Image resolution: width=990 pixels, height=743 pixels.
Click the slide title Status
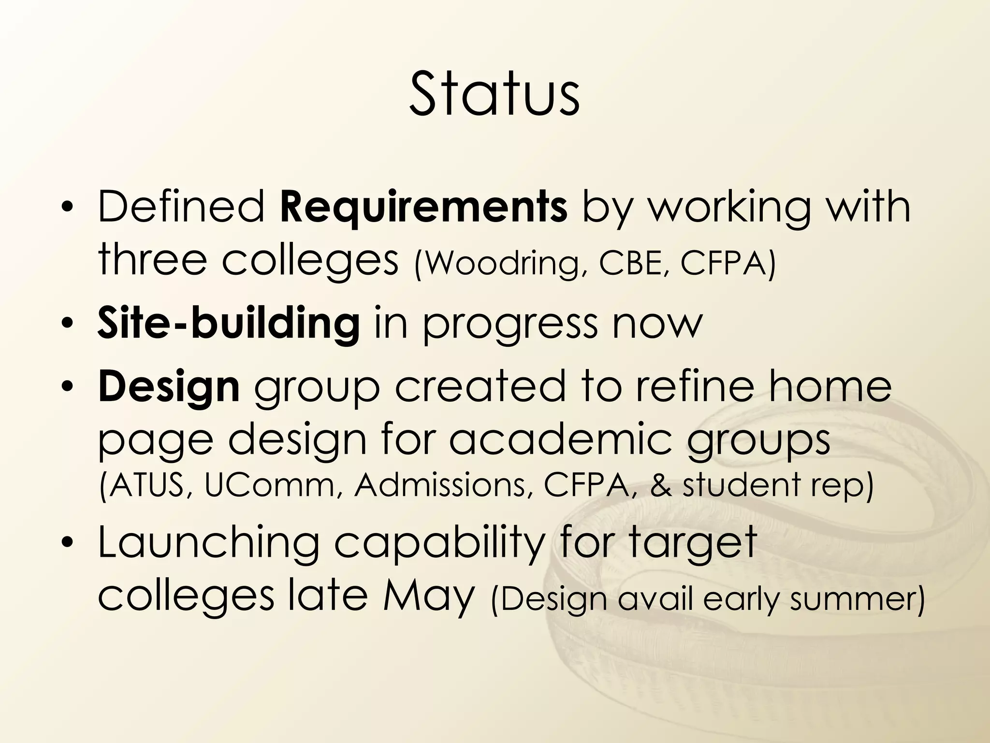[494, 94]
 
